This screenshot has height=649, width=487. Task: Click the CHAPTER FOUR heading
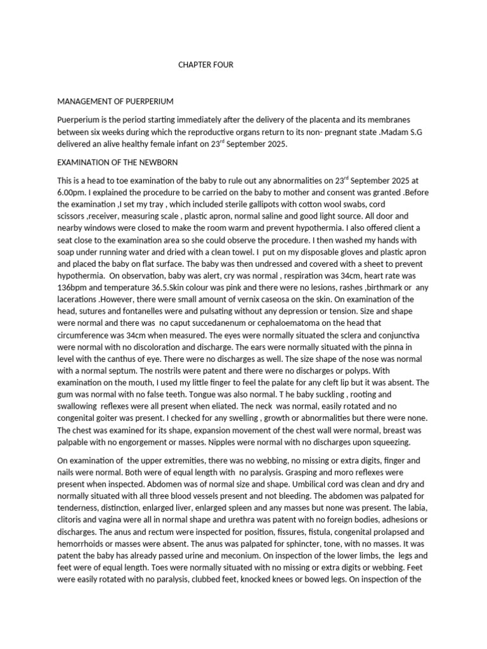pos(201,65)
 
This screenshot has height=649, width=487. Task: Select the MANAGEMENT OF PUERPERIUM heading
pos(115,101)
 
